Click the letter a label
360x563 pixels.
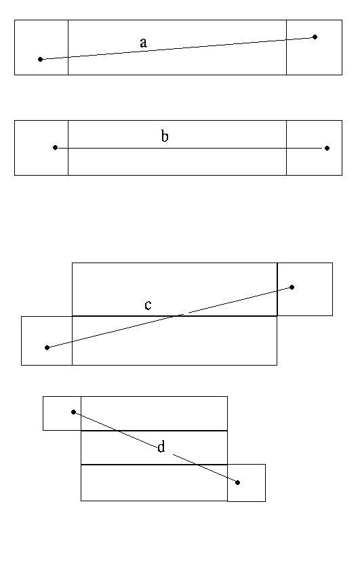point(143,43)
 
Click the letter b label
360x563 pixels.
point(165,136)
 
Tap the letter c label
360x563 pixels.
point(148,305)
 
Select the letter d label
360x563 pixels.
point(161,446)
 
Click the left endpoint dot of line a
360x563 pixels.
point(40,59)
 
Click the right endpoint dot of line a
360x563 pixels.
point(315,37)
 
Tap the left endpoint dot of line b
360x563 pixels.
point(56,148)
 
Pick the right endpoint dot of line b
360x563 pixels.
point(327,148)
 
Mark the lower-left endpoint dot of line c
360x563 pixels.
point(47,347)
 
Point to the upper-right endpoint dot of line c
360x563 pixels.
point(292,287)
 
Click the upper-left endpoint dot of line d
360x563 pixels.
point(74,412)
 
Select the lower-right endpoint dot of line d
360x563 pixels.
point(237,482)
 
